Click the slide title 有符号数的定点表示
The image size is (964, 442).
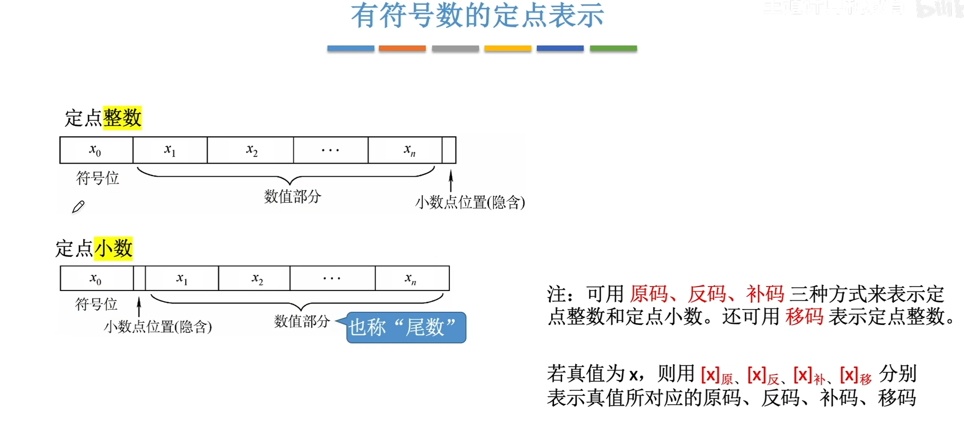point(477,15)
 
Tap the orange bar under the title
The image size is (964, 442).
point(402,49)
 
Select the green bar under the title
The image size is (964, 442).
point(613,49)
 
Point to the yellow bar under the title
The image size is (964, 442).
point(508,49)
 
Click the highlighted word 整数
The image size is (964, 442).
point(123,118)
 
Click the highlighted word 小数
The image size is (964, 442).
point(113,249)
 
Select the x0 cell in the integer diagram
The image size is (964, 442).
point(96,150)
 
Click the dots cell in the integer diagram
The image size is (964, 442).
point(331,150)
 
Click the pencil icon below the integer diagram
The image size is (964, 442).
point(78,207)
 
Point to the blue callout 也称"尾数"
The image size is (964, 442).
point(406,328)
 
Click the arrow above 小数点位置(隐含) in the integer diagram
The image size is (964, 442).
point(451,180)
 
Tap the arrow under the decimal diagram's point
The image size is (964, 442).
point(139,306)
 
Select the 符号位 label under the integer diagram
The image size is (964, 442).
point(97,178)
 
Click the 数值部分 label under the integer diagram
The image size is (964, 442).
point(292,197)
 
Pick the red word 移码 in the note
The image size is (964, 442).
point(804,317)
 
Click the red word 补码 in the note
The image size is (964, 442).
point(765,294)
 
